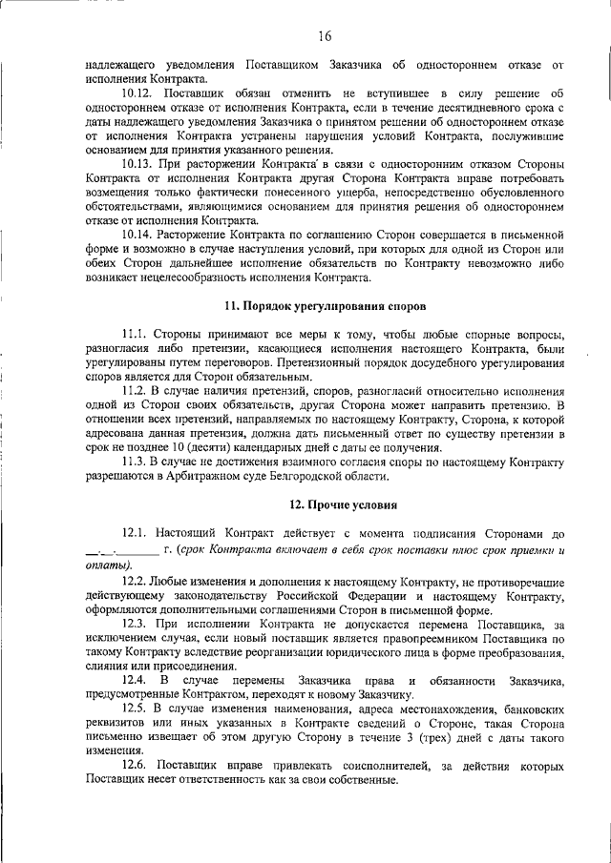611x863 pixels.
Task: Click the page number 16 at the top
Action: (325, 36)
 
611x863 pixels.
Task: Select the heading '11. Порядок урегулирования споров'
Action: (325, 306)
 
